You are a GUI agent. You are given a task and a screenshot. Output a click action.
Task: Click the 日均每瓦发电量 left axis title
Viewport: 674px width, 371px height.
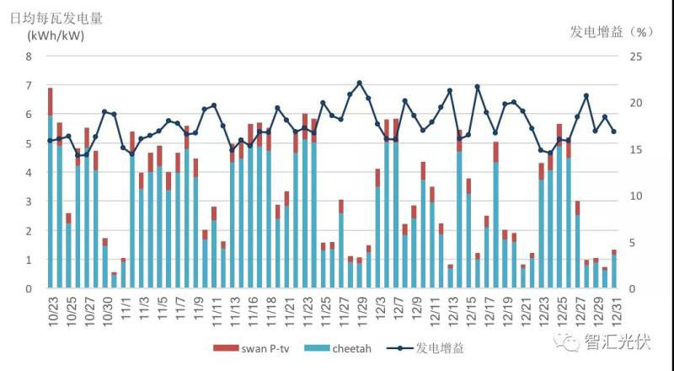(x=62, y=18)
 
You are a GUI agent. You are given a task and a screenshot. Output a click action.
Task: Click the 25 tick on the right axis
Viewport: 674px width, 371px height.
(x=638, y=56)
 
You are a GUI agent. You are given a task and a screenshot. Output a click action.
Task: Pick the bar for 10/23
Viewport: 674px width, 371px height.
(x=51, y=194)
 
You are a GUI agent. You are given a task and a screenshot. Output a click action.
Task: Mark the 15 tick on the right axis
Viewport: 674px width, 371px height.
(x=638, y=149)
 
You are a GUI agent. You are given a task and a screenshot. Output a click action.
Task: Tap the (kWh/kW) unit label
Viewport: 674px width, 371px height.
(x=56, y=35)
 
